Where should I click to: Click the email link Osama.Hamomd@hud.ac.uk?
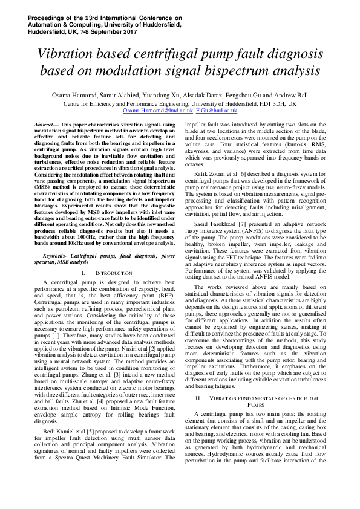tap(157, 111)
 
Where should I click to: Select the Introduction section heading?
tap(110, 273)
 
